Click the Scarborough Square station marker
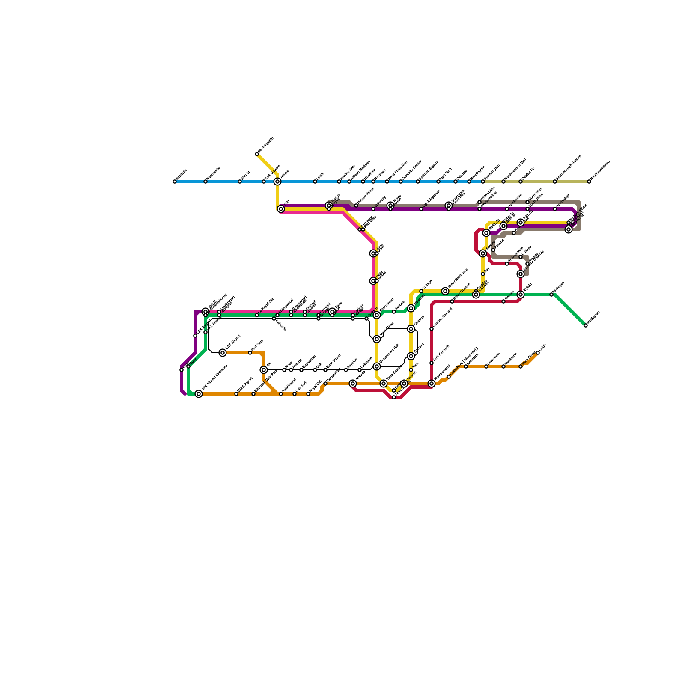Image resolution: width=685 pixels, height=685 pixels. [x=555, y=182]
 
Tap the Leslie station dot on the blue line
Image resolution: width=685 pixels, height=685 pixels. [x=315, y=182]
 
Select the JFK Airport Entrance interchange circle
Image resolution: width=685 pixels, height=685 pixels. [x=199, y=394]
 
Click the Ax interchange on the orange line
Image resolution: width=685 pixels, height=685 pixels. [x=264, y=370]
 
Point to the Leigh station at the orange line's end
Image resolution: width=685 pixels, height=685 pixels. [x=538, y=353]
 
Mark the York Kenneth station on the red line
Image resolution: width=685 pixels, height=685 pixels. [x=432, y=363]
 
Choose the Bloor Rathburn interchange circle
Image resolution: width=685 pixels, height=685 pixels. [x=445, y=291]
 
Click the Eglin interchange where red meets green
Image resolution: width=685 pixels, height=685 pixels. [x=521, y=295]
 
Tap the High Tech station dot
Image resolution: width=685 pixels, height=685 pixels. [x=438, y=182]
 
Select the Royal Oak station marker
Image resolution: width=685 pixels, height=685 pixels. [x=308, y=394]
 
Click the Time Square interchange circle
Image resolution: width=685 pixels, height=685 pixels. [x=384, y=384]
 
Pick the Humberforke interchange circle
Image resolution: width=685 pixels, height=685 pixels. [x=432, y=384]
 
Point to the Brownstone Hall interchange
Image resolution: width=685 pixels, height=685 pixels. [x=377, y=366]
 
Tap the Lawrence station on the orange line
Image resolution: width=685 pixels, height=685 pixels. [x=486, y=366]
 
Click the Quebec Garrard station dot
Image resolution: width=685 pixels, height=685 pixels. [x=432, y=329]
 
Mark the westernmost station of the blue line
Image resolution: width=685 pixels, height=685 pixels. [x=175, y=182]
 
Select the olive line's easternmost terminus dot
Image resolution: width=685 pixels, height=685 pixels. [x=589, y=182]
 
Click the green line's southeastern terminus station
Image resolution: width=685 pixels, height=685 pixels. [x=586, y=325]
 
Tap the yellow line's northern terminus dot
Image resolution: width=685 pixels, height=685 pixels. [x=257, y=154]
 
